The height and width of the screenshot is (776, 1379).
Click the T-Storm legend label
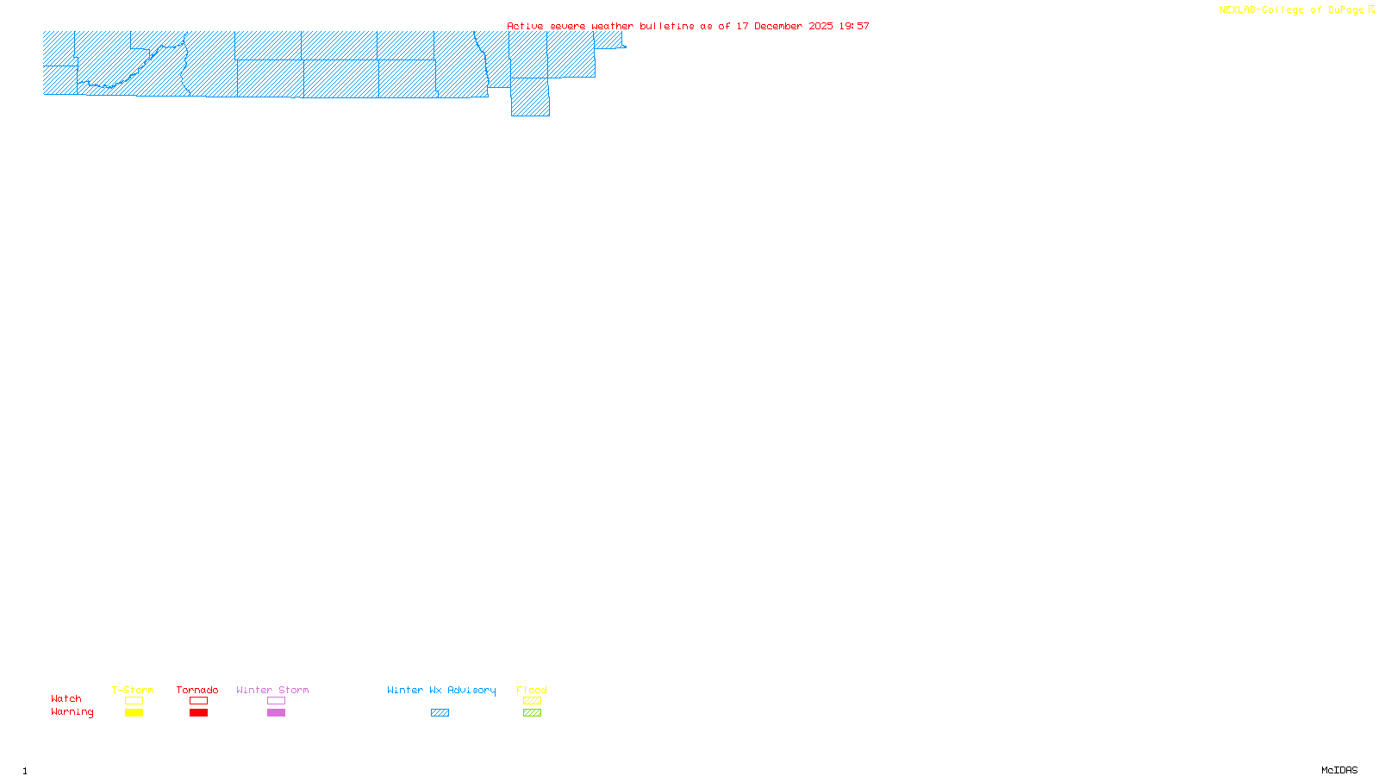(133, 690)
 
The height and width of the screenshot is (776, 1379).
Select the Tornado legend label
(197, 690)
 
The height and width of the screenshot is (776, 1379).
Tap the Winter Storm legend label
(272, 690)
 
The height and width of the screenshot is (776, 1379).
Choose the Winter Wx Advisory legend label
(441, 690)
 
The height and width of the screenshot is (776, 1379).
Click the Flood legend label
(532, 690)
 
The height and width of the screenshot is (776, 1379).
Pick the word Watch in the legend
(66, 698)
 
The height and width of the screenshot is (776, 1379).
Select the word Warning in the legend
(72, 712)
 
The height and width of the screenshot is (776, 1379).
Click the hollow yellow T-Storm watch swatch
(134, 701)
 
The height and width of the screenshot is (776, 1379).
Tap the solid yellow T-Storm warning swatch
(134, 713)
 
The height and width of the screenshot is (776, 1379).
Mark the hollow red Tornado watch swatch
(198, 701)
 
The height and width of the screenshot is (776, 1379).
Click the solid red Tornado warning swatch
(198, 713)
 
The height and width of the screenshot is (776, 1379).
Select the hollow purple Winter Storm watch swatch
(276, 701)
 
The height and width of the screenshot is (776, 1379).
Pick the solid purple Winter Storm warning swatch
(276, 713)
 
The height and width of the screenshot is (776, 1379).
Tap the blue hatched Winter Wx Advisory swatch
(440, 713)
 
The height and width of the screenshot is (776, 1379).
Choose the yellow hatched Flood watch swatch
(532, 701)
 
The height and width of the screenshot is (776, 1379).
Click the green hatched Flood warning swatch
(532, 713)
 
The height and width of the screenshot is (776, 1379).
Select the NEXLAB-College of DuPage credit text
(1292, 10)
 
